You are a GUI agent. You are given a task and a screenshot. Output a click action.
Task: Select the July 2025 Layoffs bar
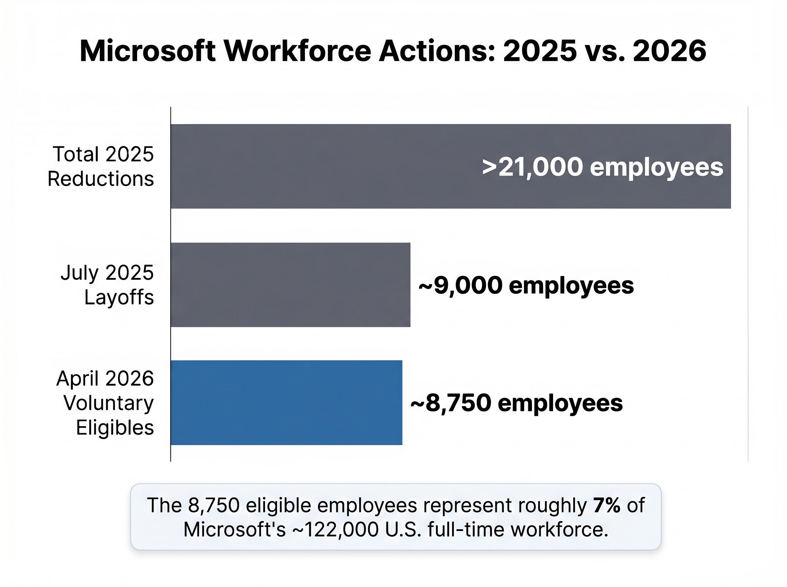click(290, 285)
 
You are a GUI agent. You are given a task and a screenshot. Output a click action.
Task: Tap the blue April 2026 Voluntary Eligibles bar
click(286, 402)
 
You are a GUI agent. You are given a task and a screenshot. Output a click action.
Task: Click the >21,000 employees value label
click(602, 167)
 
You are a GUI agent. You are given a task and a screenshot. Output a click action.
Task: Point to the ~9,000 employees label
click(526, 285)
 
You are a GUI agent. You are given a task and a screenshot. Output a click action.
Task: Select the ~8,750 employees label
click(516, 403)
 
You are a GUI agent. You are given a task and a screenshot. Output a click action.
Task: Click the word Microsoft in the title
click(148, 51)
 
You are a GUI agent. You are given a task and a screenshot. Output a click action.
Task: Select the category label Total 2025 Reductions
click(101, 166)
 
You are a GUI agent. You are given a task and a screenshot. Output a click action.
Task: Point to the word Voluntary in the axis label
click(109, 403)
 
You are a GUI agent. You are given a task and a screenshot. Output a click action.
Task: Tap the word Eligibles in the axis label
click(114, 427)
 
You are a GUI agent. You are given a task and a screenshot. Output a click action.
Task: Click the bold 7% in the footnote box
click(607, 505)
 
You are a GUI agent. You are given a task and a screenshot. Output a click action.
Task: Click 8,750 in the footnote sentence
click(214, 505)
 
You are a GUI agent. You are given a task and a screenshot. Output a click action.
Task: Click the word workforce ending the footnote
click(559, 529)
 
